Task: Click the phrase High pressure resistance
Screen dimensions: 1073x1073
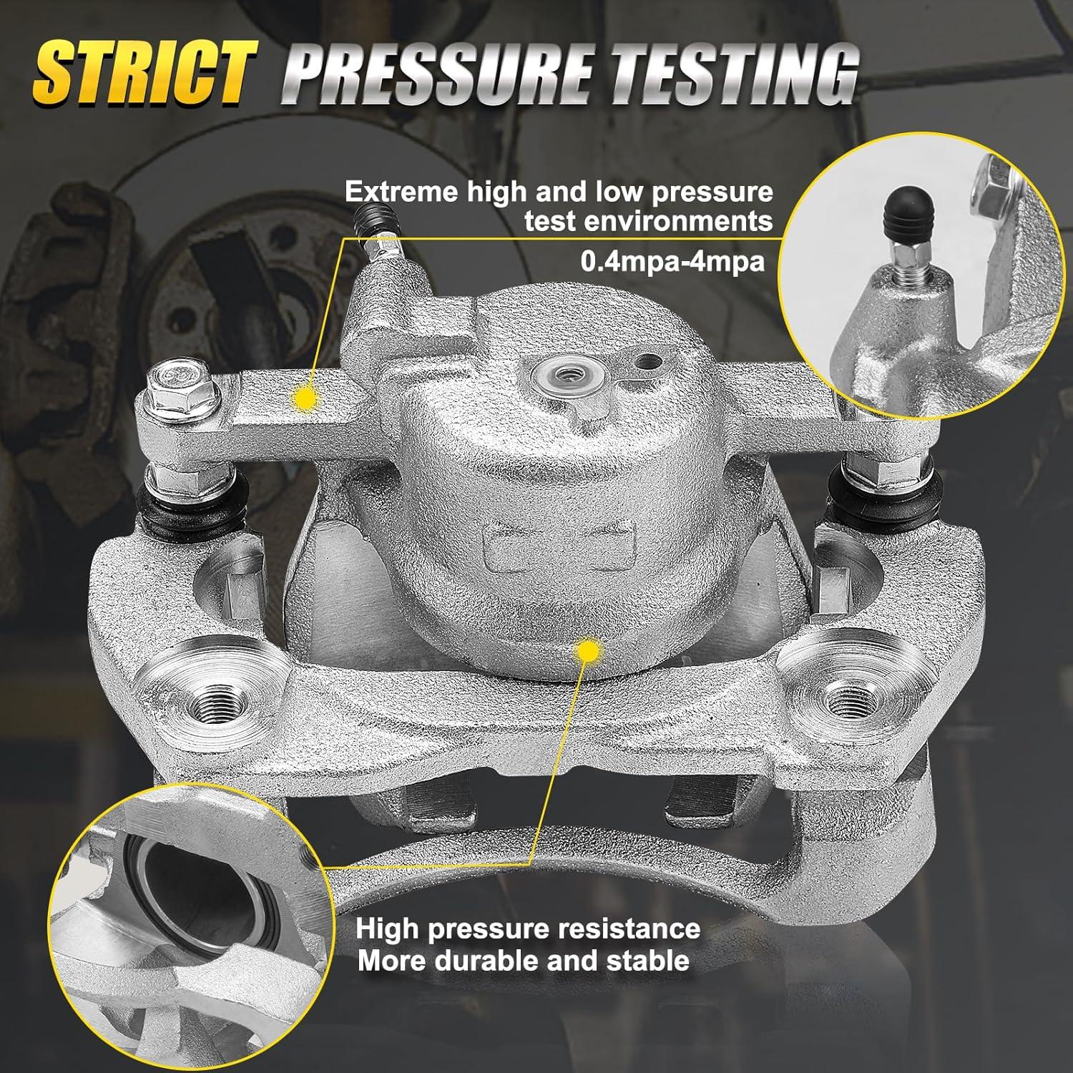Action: tap(528, 929)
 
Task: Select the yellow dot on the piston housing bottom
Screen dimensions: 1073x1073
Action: tap(587, 651)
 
